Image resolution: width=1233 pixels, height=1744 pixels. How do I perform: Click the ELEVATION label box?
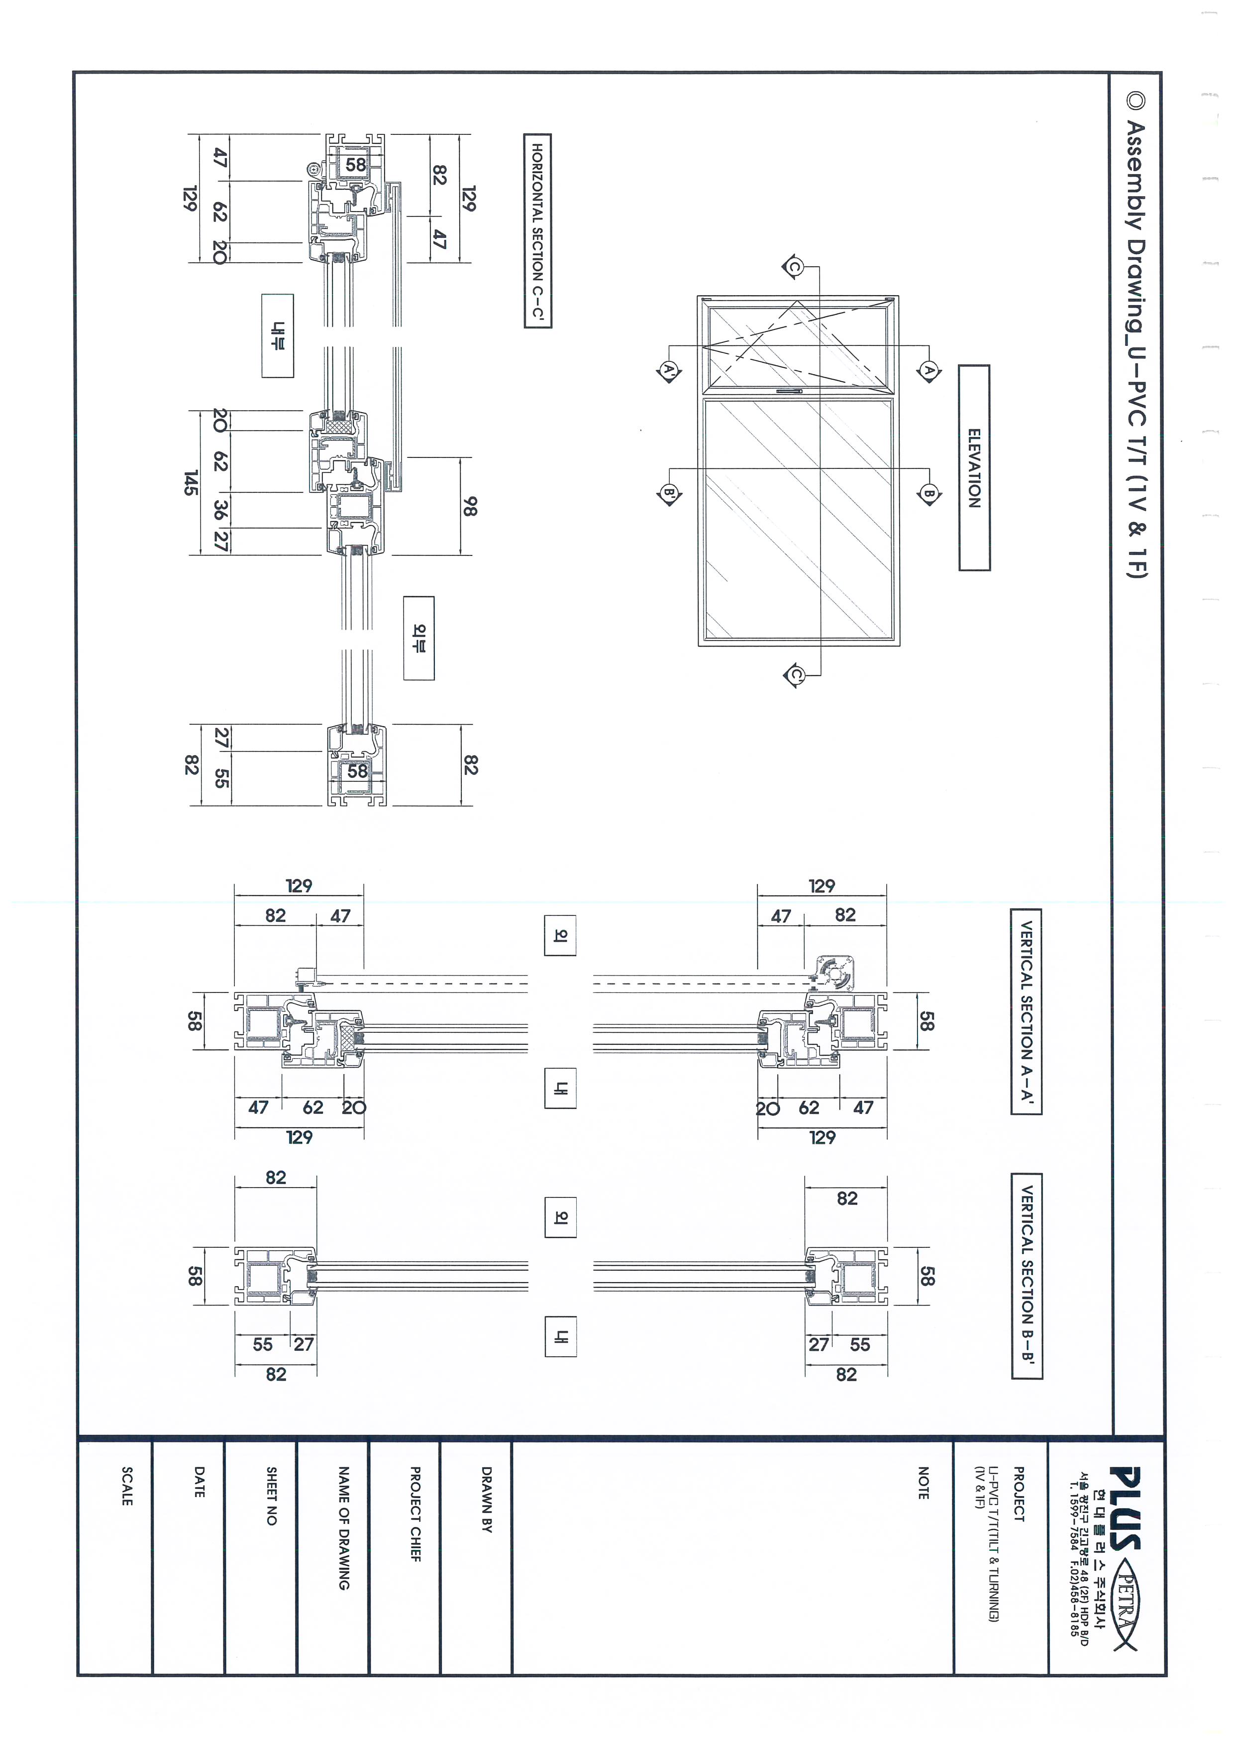[x=974, y=468]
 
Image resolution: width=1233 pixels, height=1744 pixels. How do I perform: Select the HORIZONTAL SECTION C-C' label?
[x=537, y=231]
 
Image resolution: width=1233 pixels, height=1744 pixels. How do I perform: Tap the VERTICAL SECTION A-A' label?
[x=1026, y=1011]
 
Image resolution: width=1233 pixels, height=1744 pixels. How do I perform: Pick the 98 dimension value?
[x=470, y=506]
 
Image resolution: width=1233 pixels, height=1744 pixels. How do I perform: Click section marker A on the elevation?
[x=928, y=371]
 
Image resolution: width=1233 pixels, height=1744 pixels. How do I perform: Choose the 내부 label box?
[x=277, y=336]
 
